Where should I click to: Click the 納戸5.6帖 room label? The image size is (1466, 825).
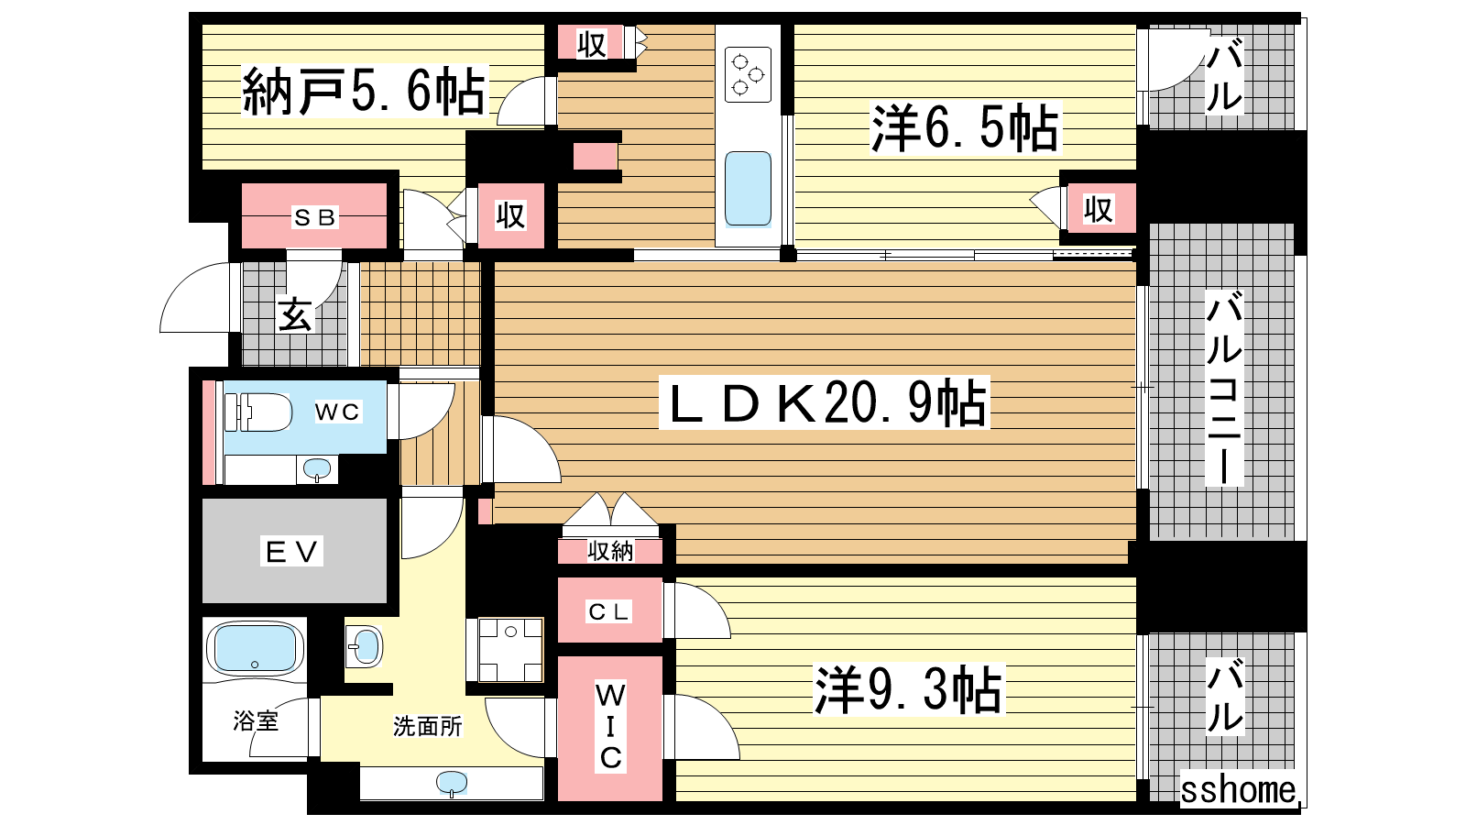pyautogui.click(x=365, y=91)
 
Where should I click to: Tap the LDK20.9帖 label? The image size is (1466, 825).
pyautogui.click(x=826, y=402)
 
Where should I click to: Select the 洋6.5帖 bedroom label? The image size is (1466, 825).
pyautogui.click(x=964, y=127)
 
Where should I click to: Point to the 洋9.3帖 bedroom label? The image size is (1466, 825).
pyautogui.click(x=908, y=689)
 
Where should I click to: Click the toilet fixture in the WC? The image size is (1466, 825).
pyautogui.click(x=257, y=412)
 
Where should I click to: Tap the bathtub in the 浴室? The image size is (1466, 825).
pyautogui.click(x=255, y=648)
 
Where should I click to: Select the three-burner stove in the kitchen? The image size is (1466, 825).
pyautogui.click(x=748, y=74)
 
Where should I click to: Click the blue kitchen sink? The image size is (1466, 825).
pyautogui.click(x=748, y=189)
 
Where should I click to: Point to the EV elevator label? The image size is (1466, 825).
pyautogui.click(x=291, y=551)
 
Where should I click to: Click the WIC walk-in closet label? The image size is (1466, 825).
pyautogui.click(x=610, y=726)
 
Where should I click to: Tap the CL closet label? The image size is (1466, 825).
pyautogui.click(x=608, y=611)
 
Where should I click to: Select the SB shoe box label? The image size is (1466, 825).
pyautogui.click(x=315, y=217)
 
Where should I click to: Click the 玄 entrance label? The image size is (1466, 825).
pyautogui.click(x=294, y=315)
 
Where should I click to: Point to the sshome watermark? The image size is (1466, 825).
pyautogui.click(x=1237, y=790)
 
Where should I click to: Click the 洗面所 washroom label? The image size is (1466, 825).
pyautogui.click(x=427, y=726)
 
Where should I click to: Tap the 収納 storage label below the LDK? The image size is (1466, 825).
pyautogui.click(x=610, y=552)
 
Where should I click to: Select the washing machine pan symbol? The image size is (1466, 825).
pyautogui.click(x=510, y=650)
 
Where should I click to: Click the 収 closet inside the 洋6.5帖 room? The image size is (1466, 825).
pyautogui.click(x=1098, y=210)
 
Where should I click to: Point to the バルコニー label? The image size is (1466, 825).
pyautogui.click(x=1224, y=389)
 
